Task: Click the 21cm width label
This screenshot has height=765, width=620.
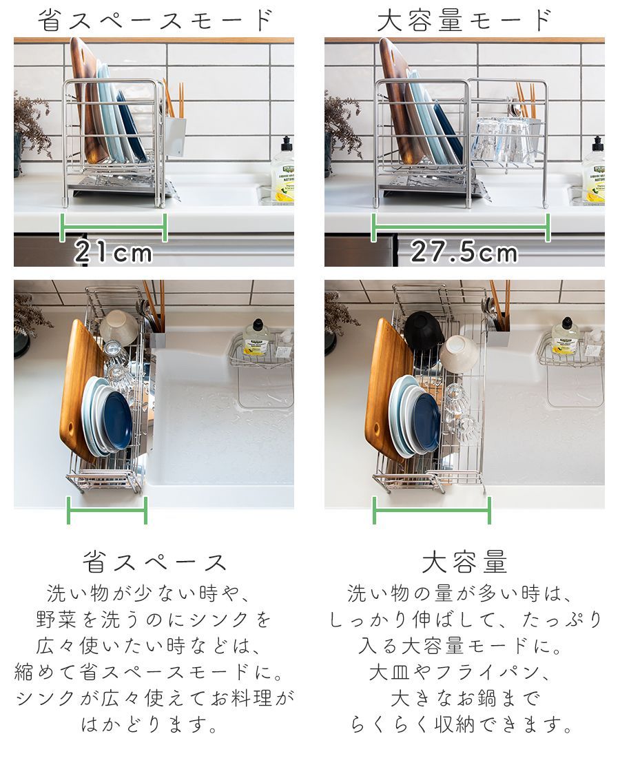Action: [x=114, y=253]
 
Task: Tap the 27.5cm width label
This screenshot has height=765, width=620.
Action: [x=464, y=253]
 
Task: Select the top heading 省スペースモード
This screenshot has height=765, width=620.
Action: [x=156, y=20]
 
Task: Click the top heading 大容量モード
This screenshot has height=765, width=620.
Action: [x=464, y=20]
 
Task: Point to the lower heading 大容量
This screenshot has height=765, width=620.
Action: [x=464, y=562]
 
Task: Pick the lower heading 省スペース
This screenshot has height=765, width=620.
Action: [x=155, y=562]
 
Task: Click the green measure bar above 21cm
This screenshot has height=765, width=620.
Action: [x=114, y=227]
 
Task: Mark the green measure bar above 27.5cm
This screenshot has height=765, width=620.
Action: [x=461, y=227]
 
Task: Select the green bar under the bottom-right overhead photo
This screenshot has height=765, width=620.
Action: [x=432, y=511]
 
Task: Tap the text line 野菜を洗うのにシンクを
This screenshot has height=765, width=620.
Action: [x=154, y=619]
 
